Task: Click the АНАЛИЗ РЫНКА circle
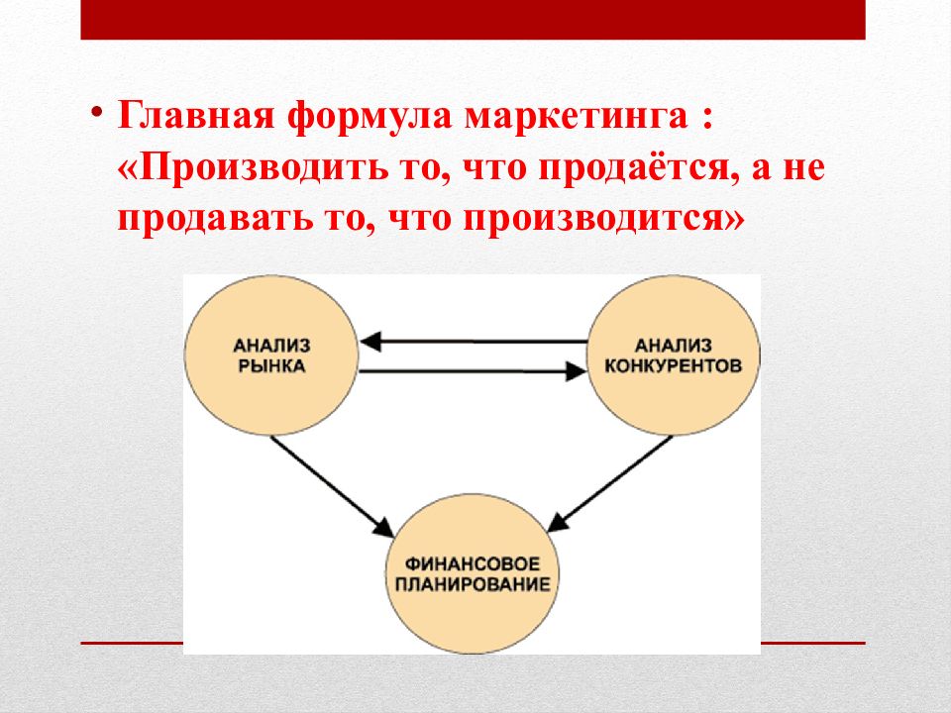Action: tap(270, 355)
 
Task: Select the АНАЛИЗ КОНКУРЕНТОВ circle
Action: tap(674, 355)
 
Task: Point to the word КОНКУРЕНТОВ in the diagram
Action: tap(674, 365)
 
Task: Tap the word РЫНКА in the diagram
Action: tap(271, 365)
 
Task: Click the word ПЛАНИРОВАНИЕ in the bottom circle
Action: tap(472, 583)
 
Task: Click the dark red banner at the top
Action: tap(473, 20)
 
